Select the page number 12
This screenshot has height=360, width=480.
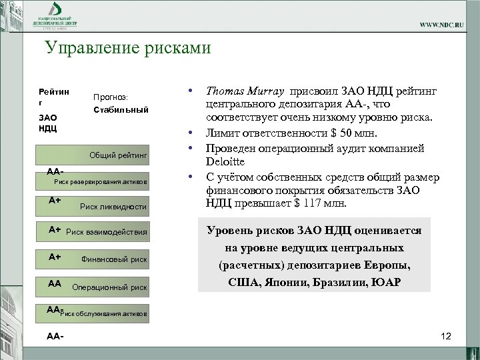(446, 336)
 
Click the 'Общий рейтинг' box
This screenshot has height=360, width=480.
(117, 155)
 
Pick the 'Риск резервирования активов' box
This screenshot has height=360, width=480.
(100, 181)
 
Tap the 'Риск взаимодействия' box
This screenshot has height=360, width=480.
(106, 233)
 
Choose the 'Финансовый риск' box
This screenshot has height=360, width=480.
(113, 259)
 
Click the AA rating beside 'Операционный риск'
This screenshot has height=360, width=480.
(55, 283)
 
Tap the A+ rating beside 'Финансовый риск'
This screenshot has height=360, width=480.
(55, 256)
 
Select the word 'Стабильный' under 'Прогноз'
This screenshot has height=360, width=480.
(121, 109)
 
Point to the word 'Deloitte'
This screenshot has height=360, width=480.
(227, 161)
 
